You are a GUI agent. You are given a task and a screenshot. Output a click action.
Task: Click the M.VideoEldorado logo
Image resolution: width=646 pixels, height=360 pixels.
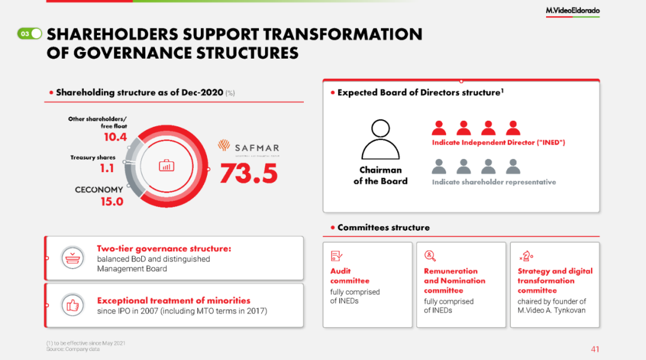pos(572,11)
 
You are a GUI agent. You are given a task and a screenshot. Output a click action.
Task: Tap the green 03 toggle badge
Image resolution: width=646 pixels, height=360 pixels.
pos(30,33)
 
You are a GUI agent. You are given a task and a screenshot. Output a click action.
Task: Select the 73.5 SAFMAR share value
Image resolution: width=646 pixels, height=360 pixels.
pos(249,173)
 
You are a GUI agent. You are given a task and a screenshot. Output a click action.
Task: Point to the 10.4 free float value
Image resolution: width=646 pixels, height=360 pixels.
pos(115,137)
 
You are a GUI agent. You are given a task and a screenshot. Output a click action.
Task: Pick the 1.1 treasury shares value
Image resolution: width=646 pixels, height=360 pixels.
pos(106,168)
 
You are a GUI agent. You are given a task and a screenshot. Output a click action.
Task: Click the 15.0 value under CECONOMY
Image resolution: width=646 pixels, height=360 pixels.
pos(112,202)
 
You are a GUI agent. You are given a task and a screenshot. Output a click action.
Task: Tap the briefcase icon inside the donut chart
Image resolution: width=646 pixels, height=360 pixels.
pos(166,166)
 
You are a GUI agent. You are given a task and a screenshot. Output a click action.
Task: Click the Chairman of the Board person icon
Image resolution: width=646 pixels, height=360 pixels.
pos(380,139)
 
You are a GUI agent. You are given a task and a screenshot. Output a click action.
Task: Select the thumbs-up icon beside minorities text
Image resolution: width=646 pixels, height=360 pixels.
pos(72,305)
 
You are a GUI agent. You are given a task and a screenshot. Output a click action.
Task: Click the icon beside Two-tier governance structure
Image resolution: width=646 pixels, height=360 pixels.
pos(72,258)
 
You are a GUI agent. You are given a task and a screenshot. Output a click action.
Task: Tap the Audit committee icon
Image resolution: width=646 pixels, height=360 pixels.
pos(337,256)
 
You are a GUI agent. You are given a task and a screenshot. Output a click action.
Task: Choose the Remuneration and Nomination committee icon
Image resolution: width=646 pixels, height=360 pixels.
pos(430,256)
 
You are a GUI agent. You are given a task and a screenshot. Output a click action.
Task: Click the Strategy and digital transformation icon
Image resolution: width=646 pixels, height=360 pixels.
pos(526,256)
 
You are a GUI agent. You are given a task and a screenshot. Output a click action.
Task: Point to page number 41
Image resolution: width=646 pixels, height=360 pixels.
pos(595,349)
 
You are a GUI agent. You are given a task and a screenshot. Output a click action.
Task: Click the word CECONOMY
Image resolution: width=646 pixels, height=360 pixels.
pos(99,190)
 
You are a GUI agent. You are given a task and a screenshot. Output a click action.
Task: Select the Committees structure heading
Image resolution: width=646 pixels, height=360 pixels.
pos(383,227)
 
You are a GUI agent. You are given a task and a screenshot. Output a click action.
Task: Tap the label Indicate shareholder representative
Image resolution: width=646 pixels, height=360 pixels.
pos(494,182)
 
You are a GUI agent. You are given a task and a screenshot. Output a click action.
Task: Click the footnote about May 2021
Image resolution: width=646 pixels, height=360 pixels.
pos(86,343)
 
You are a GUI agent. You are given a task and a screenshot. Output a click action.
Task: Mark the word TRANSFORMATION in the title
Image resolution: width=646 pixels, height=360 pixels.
pos(343,34)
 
